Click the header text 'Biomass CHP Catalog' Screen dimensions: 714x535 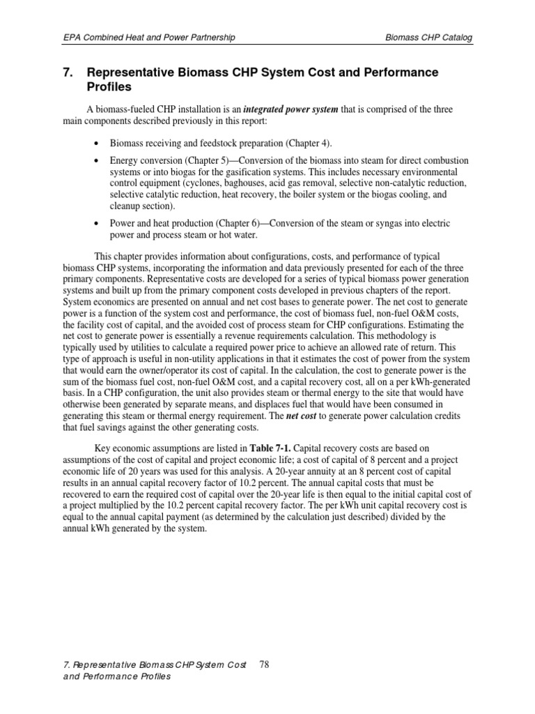[428, 38]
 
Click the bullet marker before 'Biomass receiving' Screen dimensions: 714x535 [95, 143]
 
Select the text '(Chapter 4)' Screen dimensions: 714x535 [307, 143]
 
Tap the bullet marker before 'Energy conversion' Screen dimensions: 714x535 [95, 160]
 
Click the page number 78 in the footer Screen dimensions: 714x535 [264, 664]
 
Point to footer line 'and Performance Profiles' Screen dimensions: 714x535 [116, 677]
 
